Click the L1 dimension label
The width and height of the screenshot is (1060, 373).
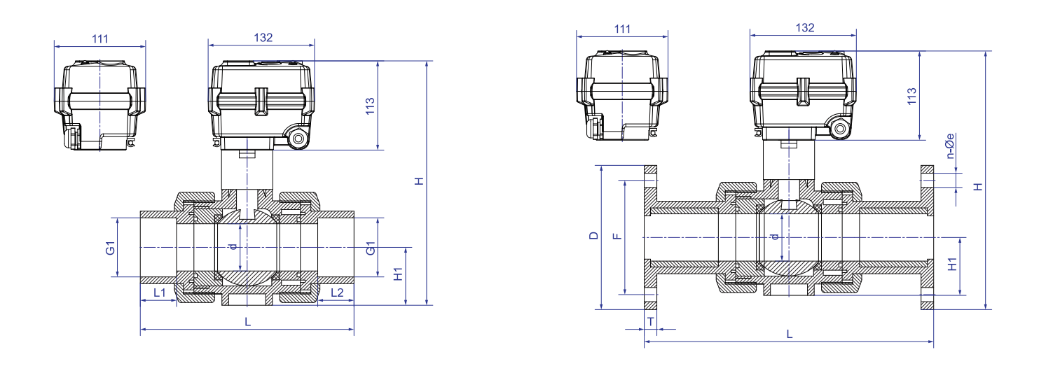(x=160, y=293)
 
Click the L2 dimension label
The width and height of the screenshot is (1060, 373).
(x=336, y=293)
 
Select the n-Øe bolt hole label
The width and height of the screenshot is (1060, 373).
(x=950, y=146)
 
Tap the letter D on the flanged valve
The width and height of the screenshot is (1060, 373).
(x=594, y=235)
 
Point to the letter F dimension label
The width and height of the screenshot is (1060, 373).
(x=617, y=235)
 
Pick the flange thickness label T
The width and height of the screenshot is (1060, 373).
(x=651, y=322)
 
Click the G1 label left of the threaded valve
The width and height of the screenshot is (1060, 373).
(x=110, y=248)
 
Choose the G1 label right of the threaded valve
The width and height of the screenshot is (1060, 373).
(x=371, y=248)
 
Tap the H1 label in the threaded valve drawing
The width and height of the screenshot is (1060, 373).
(x=399, y=274)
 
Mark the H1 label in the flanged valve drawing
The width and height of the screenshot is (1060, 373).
(x=953, y=265)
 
